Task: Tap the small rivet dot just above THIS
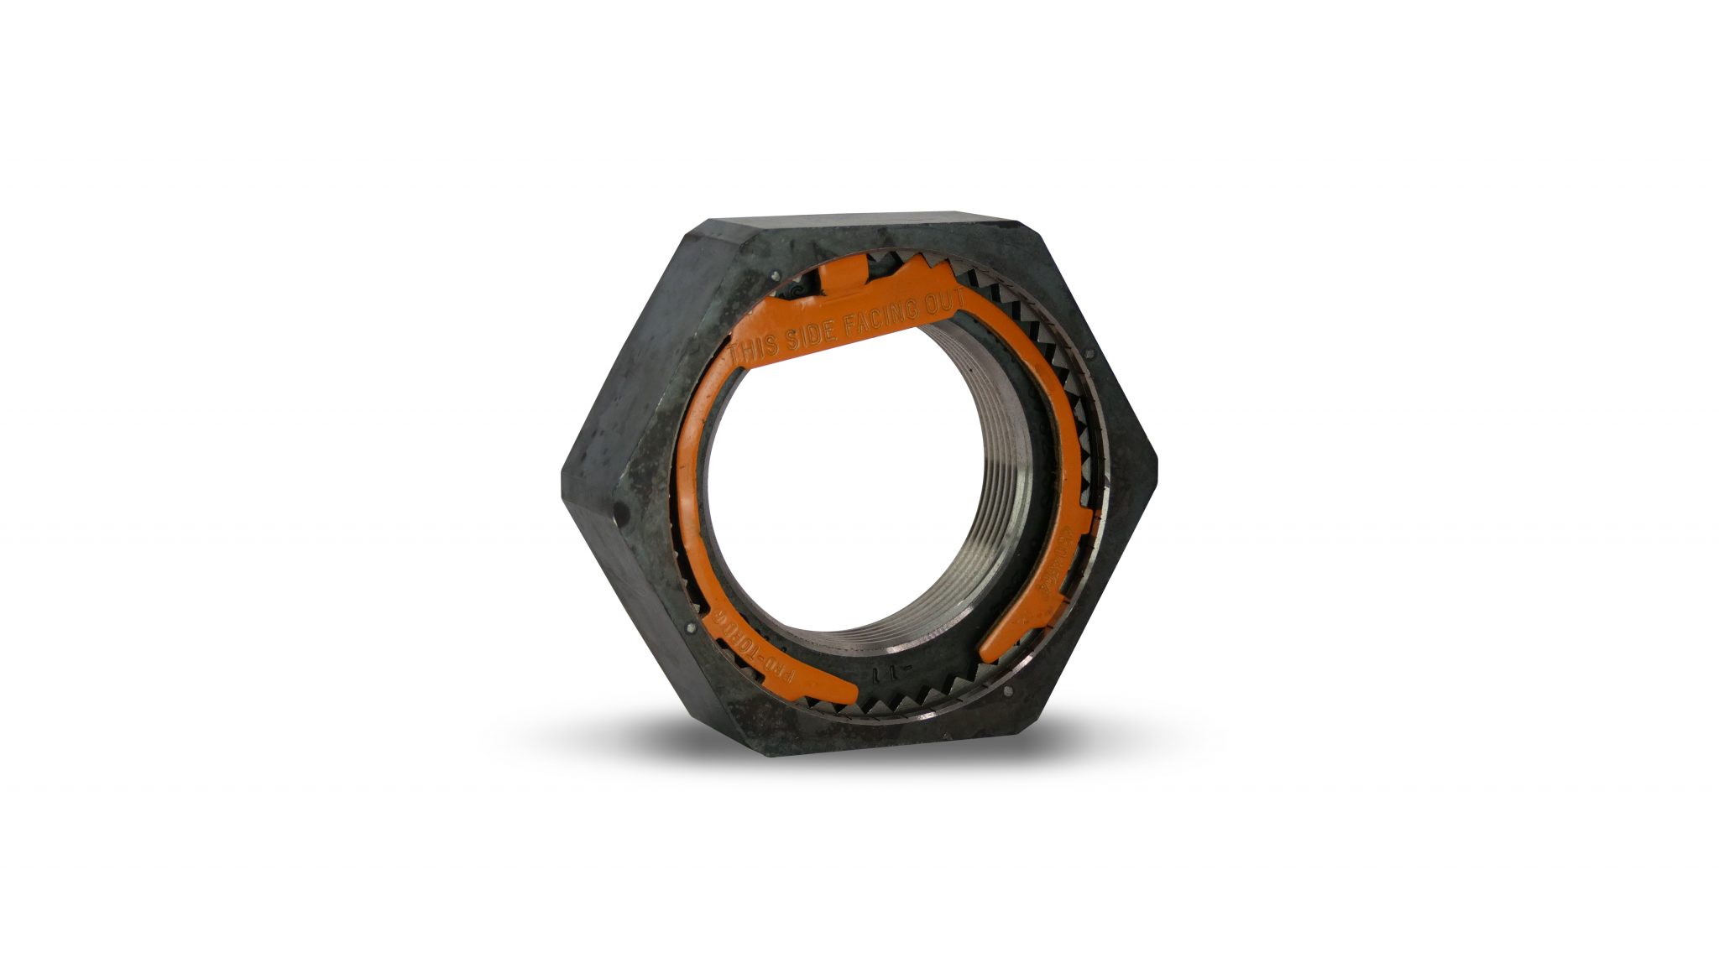pyautogui.click(x=776, y=273)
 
